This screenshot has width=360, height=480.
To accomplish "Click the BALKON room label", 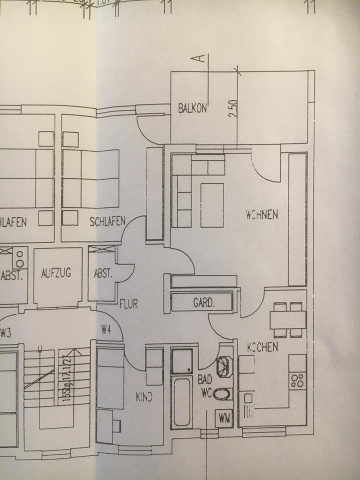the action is coord(192,109).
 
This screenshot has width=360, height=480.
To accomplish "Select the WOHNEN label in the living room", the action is coord(262,215).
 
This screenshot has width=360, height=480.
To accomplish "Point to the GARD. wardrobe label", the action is coord(204,302).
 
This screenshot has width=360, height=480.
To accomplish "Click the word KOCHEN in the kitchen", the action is coord(262,347).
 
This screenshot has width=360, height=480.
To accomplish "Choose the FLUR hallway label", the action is coord(128,303).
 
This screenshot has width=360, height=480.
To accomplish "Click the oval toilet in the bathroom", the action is coord(222,395).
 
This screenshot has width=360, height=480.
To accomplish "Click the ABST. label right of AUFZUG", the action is coord(103,273).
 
